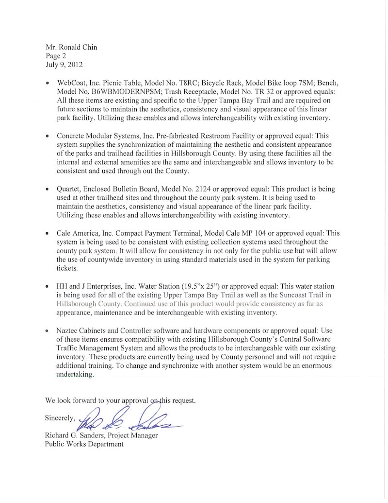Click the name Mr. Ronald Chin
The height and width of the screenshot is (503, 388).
(x=71, y=47)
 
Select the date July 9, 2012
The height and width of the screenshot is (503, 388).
(x=61, y=64)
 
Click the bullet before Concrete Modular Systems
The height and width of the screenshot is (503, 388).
(x=48, y=137)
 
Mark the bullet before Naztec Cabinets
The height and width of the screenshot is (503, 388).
(x=48, y=330)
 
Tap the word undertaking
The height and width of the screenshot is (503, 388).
(x=75, y=375)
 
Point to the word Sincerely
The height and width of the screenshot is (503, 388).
(x=60, y=417)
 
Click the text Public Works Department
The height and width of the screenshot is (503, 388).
(x=84, y=444)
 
